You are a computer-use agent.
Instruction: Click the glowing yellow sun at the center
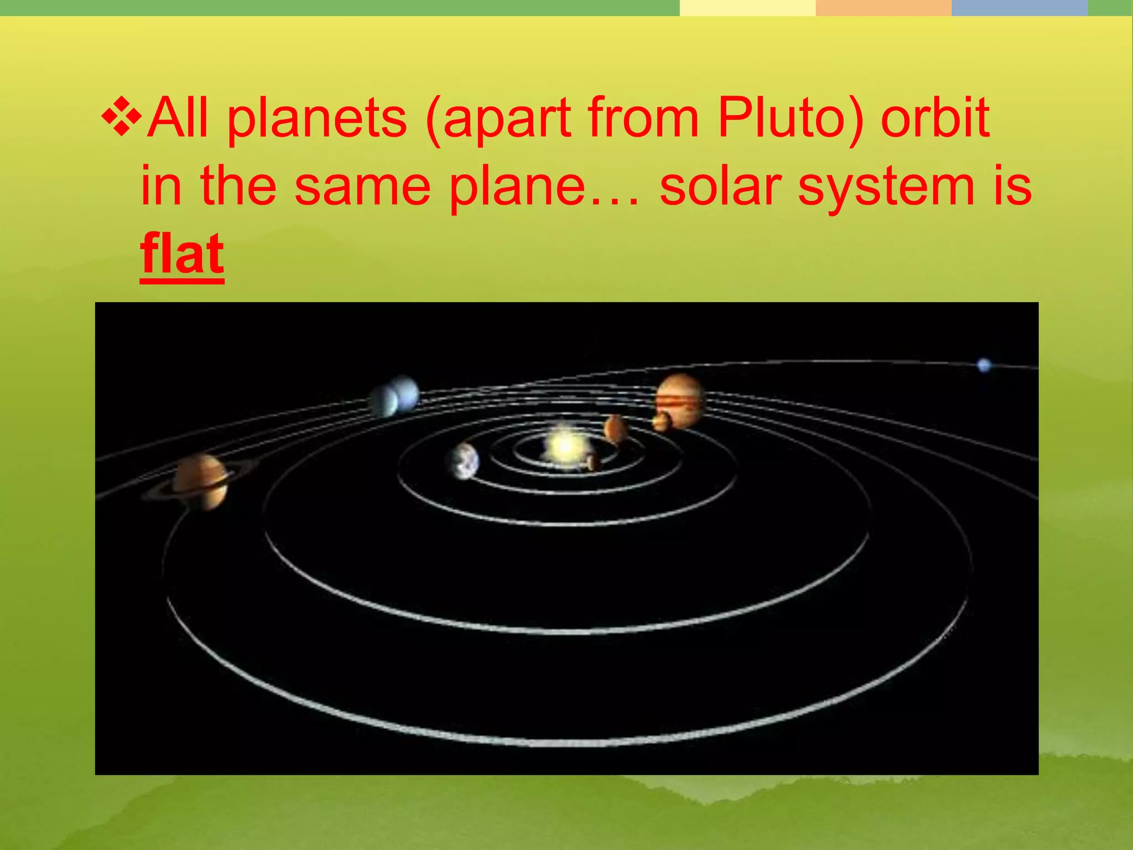(x=564, y=445)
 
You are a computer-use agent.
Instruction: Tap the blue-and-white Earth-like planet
(x=464, y=461)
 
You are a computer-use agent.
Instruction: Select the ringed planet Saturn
(x=201, y=481)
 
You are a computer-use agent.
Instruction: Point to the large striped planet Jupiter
(x=681, y=400)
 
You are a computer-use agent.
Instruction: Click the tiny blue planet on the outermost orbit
(x=984, y=365)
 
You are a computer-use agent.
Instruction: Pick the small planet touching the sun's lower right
(x=594, y=462)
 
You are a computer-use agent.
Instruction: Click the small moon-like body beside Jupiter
(x=661, y=422)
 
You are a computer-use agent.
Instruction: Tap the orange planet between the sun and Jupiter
(x=615, y=429)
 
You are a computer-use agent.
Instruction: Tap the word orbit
(x=934, y=118)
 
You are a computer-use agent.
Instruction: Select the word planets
(x=317, y=118)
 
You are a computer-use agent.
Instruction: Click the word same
(x=362, y=186)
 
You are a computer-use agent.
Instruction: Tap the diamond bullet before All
(x=121, y=117)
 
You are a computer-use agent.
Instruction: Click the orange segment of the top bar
(x=883, y=8)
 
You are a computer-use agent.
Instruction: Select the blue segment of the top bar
(x=1019, y=8)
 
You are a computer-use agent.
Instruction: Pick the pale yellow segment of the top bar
(x=747, y=8)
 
